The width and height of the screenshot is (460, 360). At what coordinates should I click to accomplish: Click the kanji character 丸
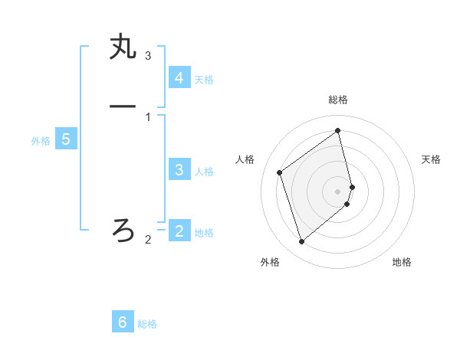pyautogui.click(x=123, y=47)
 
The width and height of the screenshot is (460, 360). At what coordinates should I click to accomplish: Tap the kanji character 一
pyautogui.click(x=123, y=106)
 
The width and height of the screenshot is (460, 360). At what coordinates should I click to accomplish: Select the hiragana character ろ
pyautogui.click(x=123, y=229)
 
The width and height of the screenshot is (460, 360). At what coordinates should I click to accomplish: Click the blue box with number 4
pyautogui.click(x=179, y=78)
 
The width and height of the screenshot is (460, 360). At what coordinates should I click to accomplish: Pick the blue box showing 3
pyautogui.click(x=179, y=170)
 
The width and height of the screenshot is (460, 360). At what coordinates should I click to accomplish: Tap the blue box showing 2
pyautogui.click(x=179, y=231)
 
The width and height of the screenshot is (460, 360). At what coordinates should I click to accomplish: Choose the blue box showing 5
pyautogui.click(x=66, y=139)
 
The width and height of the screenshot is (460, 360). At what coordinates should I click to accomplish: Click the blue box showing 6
pyautogui.click(x=123, y=322)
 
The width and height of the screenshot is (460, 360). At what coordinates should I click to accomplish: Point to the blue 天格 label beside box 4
pyautogui.click(x=204, y=80)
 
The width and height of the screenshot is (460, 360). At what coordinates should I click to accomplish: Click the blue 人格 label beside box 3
pyautogui.click(x=204, y=172)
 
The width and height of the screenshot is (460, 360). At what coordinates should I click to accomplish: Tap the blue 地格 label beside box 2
pyautogui.click(x=204, y=233)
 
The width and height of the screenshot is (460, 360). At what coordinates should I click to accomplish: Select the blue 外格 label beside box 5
pyautogui.click(x=41, y=141)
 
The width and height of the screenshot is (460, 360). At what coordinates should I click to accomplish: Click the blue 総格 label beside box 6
pyautogui.click(x=147, y=324)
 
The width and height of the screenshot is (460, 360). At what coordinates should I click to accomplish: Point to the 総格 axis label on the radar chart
pyautogui.click(x=338, y=100)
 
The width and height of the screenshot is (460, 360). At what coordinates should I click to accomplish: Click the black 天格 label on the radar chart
pyautogui.click(x=431, y=159)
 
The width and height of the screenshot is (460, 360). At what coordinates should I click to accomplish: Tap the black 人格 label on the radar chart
pyautogui.click(x=245, y=159)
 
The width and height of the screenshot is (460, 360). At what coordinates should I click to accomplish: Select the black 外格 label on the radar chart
pyautogui.click(x=270, y=262)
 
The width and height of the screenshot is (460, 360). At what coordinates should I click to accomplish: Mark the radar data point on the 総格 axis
pyautogui.click(x=338, y=131)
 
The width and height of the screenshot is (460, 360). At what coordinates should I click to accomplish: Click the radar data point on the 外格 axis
pyautogui.click(x=301, y=242)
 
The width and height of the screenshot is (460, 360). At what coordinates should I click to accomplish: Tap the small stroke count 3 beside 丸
pyautogui.click(x=148, y=56)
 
